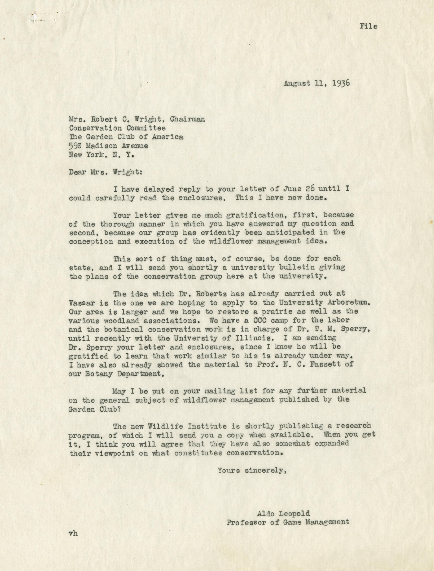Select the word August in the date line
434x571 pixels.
point(297,84)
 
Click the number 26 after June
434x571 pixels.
point(310,189)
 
